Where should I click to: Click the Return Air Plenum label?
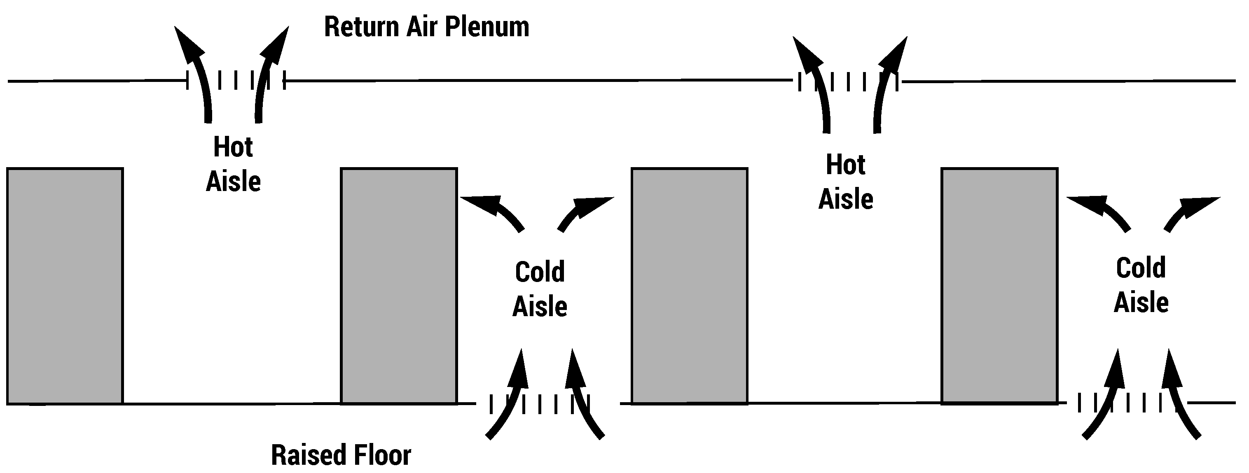(x=426, y=27)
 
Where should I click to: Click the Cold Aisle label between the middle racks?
(x=540, y=289)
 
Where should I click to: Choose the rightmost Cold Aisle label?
(x=1141, y=285)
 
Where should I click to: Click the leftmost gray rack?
(x=65, y=286)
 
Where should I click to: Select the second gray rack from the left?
(x=399, y=286)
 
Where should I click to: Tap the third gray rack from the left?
(x=689, y=286)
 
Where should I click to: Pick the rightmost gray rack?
(x=999, y=286)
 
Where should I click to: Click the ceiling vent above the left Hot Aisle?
(x=236, y=80)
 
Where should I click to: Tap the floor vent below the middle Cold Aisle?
(x=540, y=404)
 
